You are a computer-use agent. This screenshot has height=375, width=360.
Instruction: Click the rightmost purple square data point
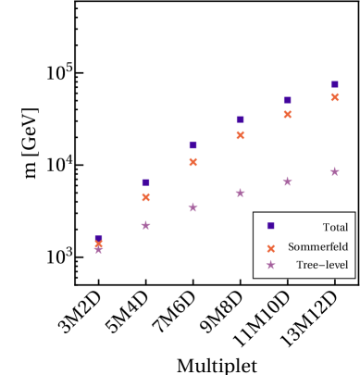pyautogui.click(x=334, y=84)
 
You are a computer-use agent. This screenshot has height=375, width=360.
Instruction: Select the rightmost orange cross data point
pyautogui.click(x=334, y=97)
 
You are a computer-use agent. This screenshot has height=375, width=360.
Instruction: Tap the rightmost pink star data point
pyautogui.click(x=334, y=171)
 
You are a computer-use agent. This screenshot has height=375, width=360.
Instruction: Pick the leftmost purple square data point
pyautogui.click(x=98, y=239)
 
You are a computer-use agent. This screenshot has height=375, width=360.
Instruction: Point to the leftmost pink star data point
pyautogui.click(x=98, y=248)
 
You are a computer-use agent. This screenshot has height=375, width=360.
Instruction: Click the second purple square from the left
pyautogui.click(x=145, y=182)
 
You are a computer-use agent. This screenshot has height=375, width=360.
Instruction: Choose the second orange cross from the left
pyautogui.click(x=145, y=197)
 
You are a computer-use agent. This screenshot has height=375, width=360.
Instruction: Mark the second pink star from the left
pyautogui.click(x=145, y=225)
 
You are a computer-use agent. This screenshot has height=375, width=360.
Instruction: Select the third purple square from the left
pyautogui.click(x=192, y=145)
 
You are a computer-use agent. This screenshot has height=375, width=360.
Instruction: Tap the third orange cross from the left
pyautogui.click(x=192, y=162)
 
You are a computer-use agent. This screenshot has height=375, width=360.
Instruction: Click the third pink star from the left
pyautogui.click(x=192, y=207)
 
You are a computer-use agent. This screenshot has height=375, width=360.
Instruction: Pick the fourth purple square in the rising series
pyautogui.click(x=240, y=119)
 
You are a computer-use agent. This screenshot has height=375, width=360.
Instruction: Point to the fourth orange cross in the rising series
pyautogui.click(x=240, y=135)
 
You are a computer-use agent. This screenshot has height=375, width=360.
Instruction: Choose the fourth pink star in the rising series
pyautogui.click(x=240, y=193)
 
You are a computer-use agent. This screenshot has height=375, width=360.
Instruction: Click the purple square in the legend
pyautogui.click(x=270, y=226)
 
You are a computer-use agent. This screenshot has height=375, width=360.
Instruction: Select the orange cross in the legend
pyautogui.click(x=270, y=248)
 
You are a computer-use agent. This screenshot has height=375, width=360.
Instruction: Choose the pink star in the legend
pyautogui.click(x=270, y=265)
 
